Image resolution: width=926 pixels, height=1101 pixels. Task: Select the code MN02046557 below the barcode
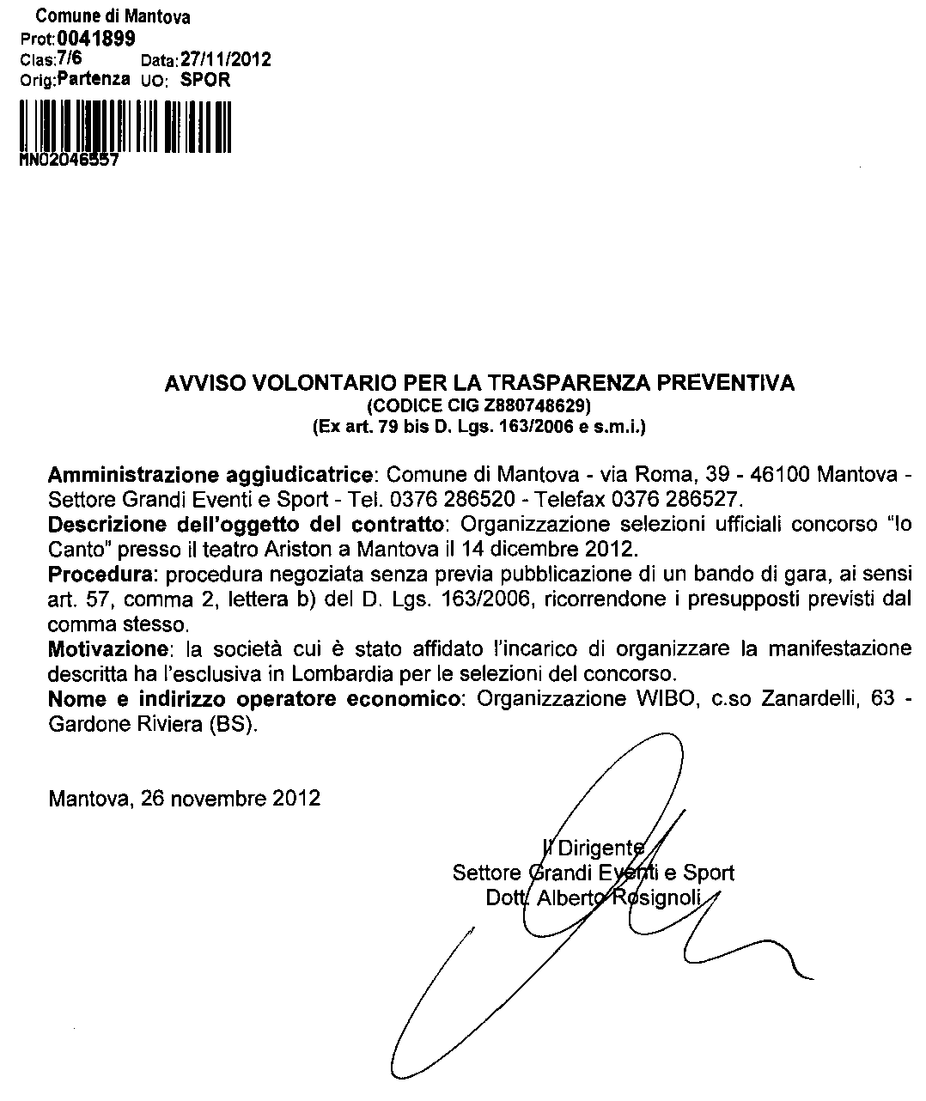(68, 160)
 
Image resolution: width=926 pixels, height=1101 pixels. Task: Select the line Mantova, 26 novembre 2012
(185, 798)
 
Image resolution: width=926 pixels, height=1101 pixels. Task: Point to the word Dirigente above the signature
(600, 849)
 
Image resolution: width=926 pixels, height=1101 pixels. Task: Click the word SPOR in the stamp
(205, 80)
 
